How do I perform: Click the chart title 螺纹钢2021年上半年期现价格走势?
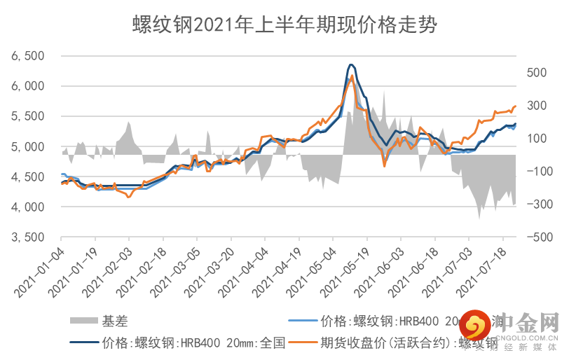284,26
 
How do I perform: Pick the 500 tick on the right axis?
536,72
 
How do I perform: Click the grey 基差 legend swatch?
83,322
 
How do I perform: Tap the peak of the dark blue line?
351,65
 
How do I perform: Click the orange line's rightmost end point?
516,106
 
